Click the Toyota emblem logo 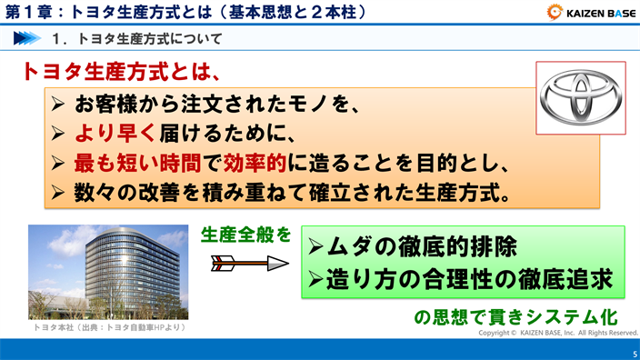(x=580, y=97)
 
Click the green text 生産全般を (x=245, y=235)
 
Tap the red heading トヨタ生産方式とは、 (x=121, y=72)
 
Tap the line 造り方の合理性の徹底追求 (x=464, y=278)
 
